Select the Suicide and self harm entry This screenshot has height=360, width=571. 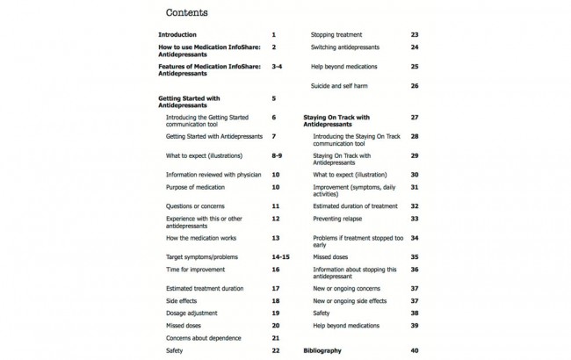(x=347, y=85)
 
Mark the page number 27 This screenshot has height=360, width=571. (x=414, y=117)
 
